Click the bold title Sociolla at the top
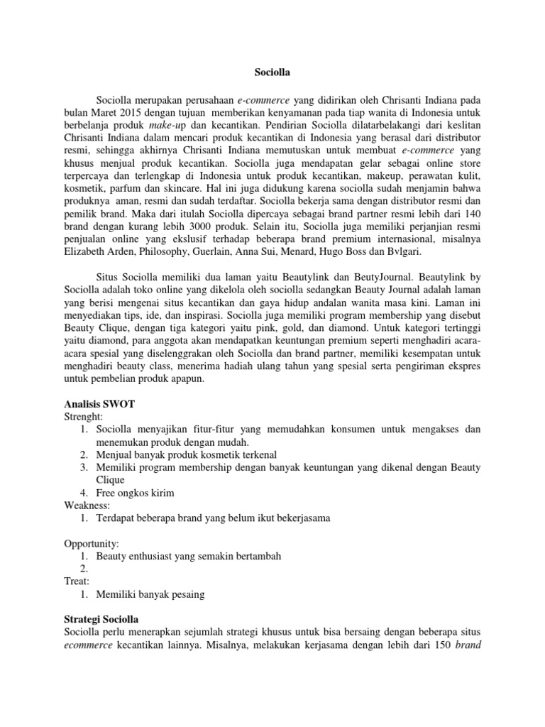[x=272, y=72]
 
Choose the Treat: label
[x=77, y=580]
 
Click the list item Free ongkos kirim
[x=135, y=492]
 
